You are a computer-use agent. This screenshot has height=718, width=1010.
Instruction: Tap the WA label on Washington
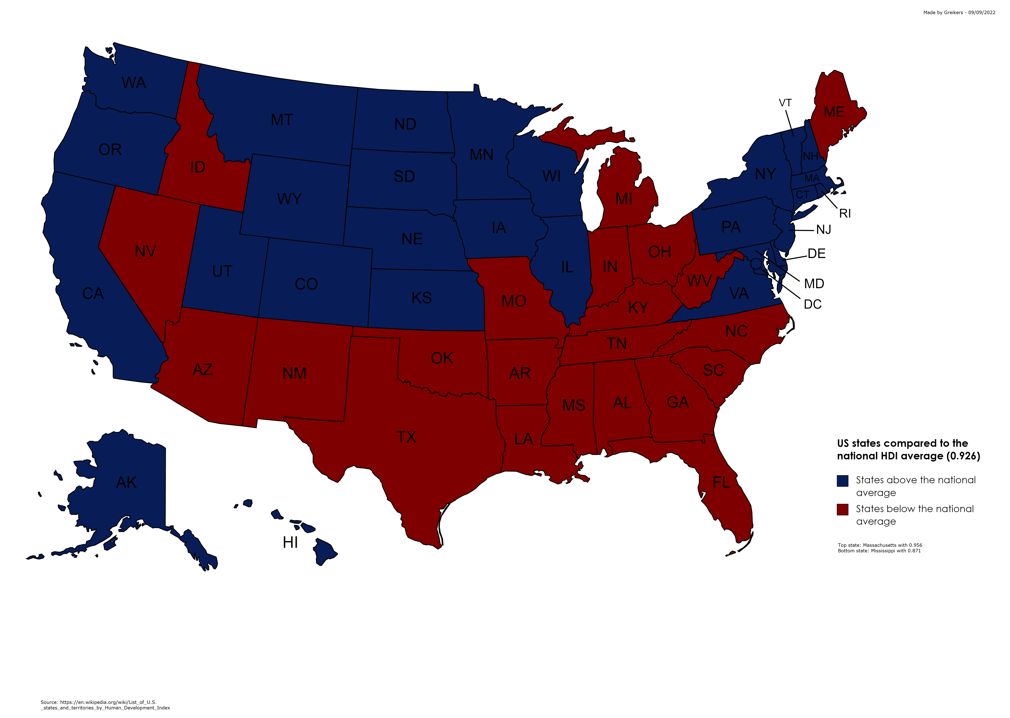(x=134, y=83)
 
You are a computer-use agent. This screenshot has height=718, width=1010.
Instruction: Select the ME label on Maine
(x=834, y=112)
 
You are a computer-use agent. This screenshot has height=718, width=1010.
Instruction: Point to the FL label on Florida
(x=721, y=482)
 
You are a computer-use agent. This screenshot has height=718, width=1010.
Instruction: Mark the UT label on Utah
(x=222, y=271)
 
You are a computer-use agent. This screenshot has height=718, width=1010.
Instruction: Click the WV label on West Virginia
(x=699, y=281)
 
